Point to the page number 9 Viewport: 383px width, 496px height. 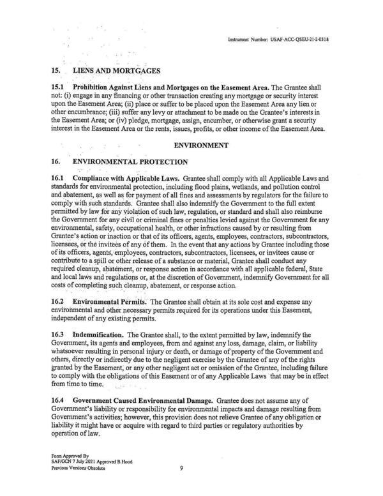182,469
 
